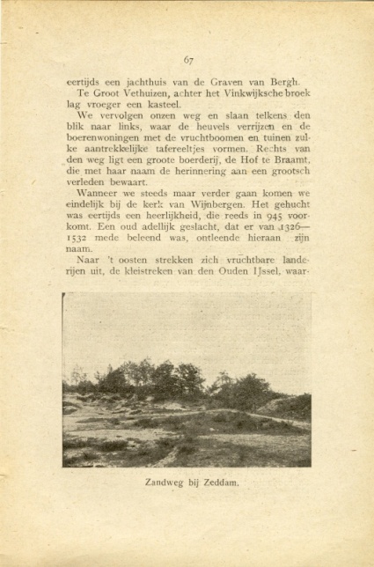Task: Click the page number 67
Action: click(189, 60)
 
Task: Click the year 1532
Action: click(77, 239)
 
